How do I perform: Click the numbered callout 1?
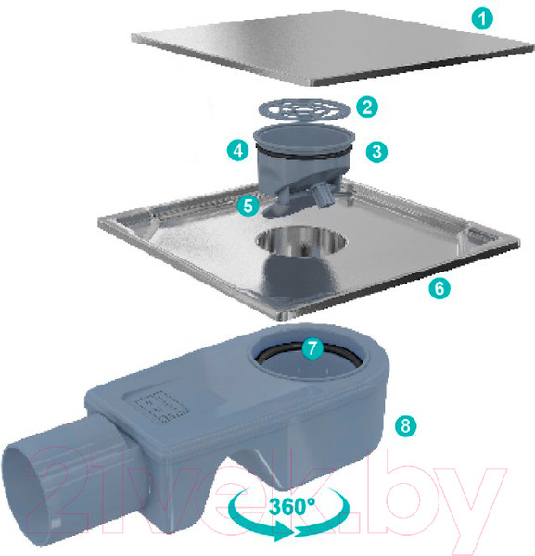click(482, 19)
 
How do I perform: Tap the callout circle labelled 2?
click(367, 107)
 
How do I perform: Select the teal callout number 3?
click(376, 152)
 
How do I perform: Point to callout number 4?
click(238, 150)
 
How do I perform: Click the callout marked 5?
click(248, 206)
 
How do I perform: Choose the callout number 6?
click(439, 288)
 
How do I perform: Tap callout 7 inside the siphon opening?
click(312, 347)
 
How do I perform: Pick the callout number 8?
click(406, 425)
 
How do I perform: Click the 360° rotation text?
click(291, 506)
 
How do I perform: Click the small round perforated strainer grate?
click(304, 109)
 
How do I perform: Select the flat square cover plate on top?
click(332, 48)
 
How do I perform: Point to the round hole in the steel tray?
click(301, 240)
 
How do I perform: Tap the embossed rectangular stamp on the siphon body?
click(162, 407)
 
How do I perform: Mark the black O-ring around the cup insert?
click(304, 152)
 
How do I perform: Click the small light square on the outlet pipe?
click(55, 524)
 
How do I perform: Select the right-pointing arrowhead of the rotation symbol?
click(284, 532)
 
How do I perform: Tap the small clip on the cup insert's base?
click(324, 196)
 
